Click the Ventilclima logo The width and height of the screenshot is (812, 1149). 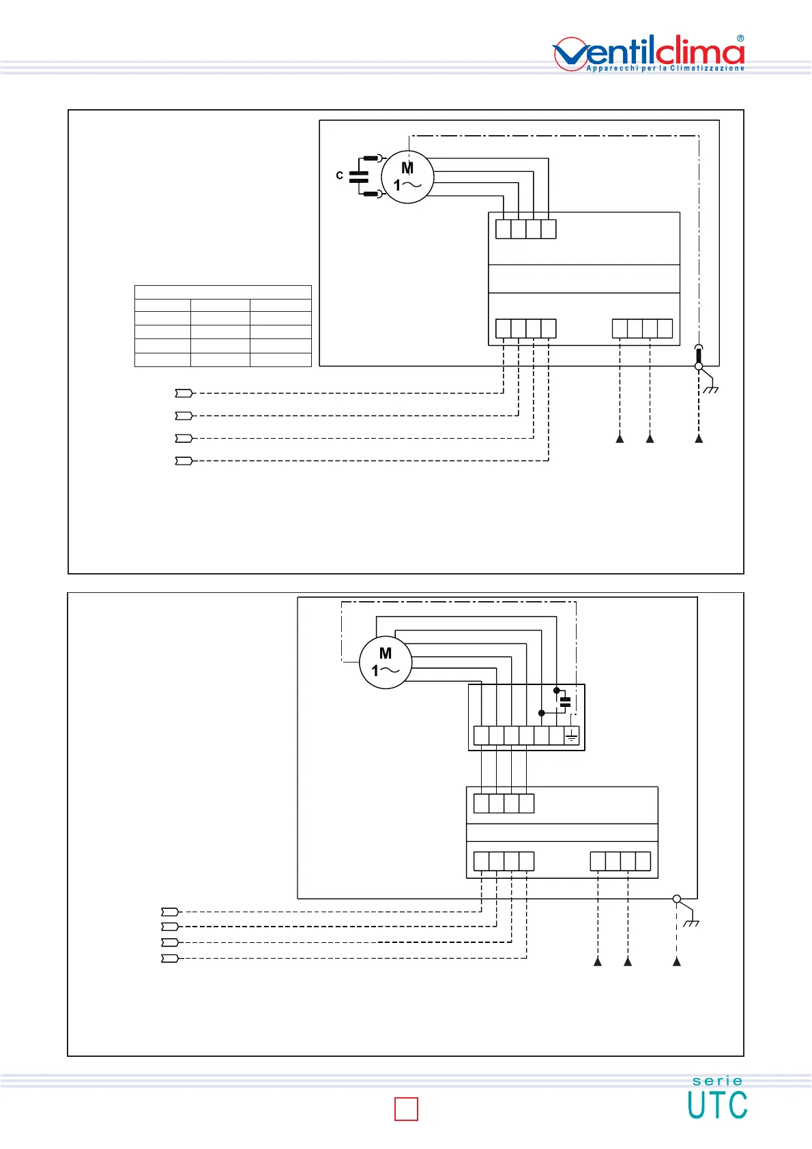[648, 53]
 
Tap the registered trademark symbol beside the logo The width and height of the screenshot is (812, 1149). [740, 39]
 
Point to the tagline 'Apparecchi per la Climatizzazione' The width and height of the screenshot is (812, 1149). [665, 68]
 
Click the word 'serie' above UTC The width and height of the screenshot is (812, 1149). [717, 1081]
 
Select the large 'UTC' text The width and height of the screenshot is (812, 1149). [717, 1105]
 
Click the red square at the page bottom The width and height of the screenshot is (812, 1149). [406, 1109]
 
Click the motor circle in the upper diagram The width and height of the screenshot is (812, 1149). [407, 177]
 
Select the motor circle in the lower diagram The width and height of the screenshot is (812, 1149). [386, 663]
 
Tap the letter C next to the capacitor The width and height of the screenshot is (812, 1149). [340, 176]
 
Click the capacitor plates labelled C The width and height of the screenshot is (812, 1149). [358, 177]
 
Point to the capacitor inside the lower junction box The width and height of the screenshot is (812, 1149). [564, 701]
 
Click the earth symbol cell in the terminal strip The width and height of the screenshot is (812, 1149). [572, 736]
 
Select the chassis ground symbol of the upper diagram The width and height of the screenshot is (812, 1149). [710, 388]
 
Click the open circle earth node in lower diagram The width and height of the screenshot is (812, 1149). [677, 899]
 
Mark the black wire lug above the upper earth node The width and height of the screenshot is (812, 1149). [698, 355]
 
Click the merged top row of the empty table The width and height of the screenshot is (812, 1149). [223, 292]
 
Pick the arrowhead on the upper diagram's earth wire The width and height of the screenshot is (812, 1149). [699, 439]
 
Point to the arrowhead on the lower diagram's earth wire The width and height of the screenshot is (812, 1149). [677, 962]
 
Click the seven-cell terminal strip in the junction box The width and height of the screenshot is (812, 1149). [526, 736]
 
